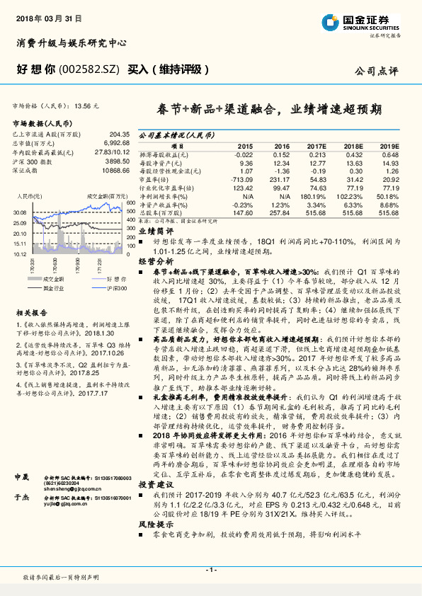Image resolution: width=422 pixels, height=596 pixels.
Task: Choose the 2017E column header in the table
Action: (317, 145)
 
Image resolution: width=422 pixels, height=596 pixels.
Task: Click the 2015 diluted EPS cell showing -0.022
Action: (243, 154)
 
